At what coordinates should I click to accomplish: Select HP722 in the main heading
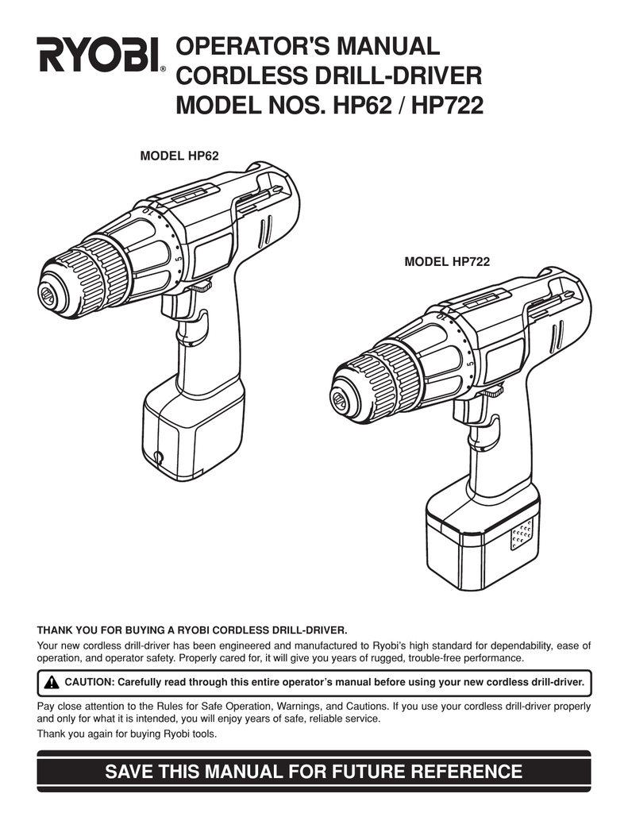447,106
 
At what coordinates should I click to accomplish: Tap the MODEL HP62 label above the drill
179,156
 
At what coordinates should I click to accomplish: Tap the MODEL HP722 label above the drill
447,262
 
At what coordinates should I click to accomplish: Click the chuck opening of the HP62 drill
47,294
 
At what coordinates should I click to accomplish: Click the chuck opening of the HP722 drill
339,398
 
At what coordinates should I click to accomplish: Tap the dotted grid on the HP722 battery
521,534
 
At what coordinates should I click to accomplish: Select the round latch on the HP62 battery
159,457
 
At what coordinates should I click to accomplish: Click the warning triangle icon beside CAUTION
52,682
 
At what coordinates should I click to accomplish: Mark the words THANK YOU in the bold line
60,631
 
